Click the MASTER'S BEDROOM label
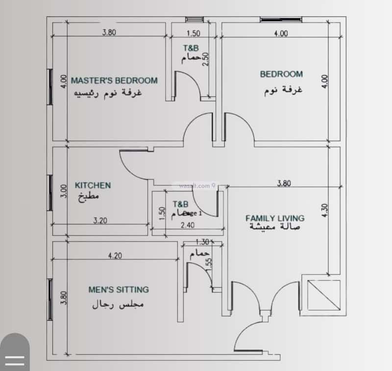pos(114,80)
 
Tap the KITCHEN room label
pos(93,185)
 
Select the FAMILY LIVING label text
pos(274,218)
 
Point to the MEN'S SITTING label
pos(118,289)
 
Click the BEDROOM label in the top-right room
pos(281,74)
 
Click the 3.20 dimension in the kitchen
pos(100,220)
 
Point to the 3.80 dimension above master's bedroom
pos(109,33)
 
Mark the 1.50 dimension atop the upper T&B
pos(194,33)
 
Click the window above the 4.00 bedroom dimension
pos(275,20)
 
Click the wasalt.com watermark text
pos(196,186)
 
